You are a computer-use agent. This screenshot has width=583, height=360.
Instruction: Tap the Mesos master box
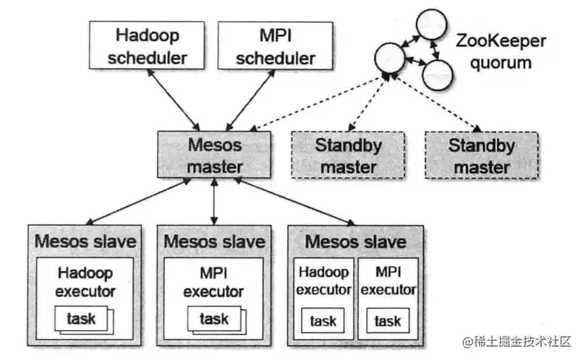coord(214,155)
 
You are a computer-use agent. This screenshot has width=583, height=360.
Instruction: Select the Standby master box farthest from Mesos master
coord(482,155)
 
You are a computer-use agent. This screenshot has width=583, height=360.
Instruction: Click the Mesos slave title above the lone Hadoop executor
coord(85,240)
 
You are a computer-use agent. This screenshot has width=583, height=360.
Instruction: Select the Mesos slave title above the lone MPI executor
coord(215,240)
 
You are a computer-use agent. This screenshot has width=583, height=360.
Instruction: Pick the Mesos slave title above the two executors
coord(355,240)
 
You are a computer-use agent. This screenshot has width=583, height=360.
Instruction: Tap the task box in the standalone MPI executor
coord(215,319)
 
